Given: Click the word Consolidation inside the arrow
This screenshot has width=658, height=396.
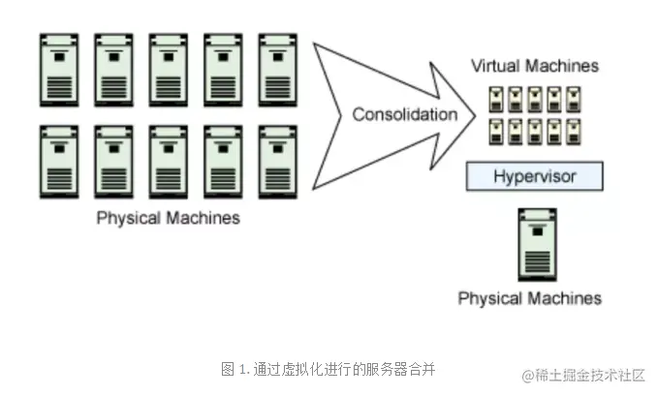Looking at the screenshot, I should click(x=404, y=114).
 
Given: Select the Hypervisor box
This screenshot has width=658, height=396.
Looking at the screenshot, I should click(x=535, y=176).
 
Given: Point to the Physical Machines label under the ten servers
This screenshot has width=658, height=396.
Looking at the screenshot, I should click(x=168, y=218).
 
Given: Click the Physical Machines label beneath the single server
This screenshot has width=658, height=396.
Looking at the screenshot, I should click(x=529, y=297).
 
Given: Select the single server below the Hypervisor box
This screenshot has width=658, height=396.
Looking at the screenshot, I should click(x=535, y=244).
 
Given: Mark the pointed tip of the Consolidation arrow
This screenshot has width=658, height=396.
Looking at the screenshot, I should click(x=476, y=114).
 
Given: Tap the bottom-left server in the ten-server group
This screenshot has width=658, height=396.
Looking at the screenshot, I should click(x=59, y=160).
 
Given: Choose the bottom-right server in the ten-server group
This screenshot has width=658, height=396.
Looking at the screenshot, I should click(x=276, y=160).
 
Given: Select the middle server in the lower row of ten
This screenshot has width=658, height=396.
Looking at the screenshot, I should click(x=168, y=160).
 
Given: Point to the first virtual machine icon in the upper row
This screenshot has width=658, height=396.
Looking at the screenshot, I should click(x=496, y=98).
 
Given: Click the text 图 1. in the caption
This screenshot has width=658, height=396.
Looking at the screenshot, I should click(x=235, y=369).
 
